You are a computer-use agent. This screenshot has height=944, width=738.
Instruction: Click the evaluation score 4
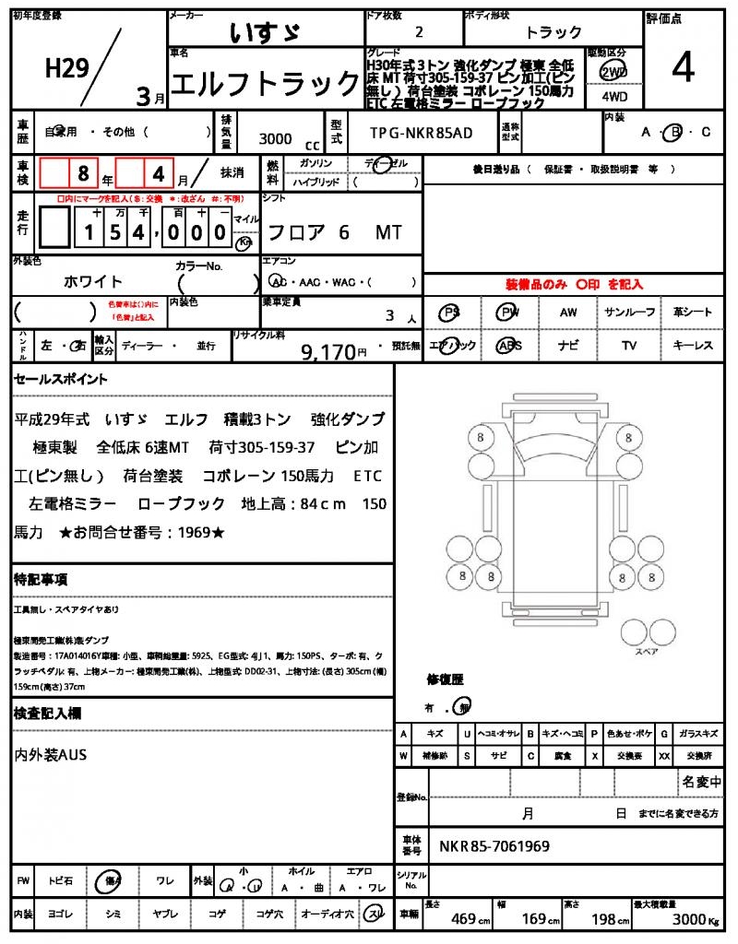(x=684, y=67)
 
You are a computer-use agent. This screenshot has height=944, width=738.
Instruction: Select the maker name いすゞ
(x=266, y=32)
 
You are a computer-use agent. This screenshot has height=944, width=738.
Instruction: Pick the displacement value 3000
(x=275, y=139)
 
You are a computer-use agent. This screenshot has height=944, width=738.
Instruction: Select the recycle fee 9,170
(x=328, y=351)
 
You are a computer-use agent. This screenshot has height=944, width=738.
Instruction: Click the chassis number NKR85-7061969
(x=494, y=845)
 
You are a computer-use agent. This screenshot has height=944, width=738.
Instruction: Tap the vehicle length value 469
(x=463, y=919)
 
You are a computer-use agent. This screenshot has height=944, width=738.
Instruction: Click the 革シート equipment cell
(x=692, y=313)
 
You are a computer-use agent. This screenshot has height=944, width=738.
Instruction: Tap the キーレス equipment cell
(x=692, y=346)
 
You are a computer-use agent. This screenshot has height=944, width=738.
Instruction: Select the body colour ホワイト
(x=93, y=281)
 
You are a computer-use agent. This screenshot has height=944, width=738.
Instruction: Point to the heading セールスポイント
(x=61, y=379)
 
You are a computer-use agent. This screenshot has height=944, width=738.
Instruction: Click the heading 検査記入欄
(x=47, y=714)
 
